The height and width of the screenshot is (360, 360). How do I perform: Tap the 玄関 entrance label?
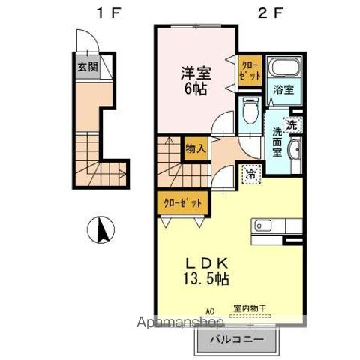(x=87, y=66)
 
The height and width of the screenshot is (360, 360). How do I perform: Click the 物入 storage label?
(x=196, y=149)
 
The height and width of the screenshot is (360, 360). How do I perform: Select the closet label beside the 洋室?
(x=248, y=71)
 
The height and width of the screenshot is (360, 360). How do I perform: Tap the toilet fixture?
(x=250, y=114)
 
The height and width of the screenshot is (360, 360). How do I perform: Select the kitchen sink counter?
(x=277, y=225)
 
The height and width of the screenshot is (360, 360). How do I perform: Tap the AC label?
(x=211, y=309)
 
